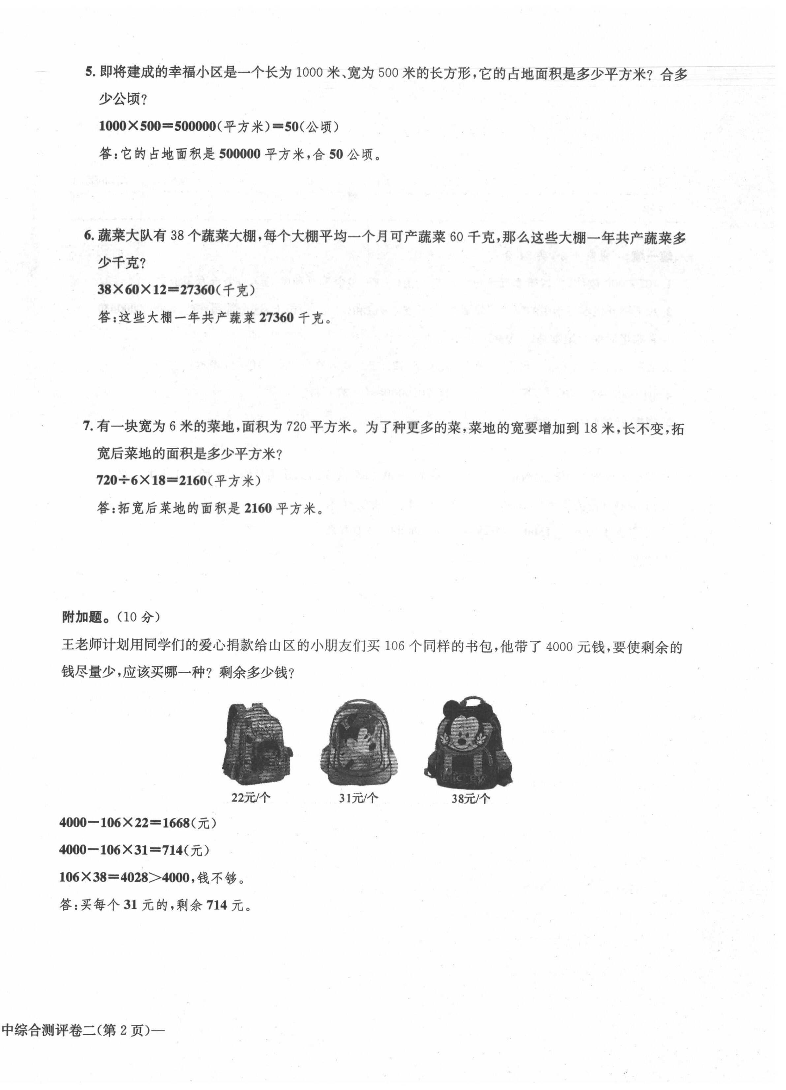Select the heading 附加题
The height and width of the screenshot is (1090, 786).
[82, 617]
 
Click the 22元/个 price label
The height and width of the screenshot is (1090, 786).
[251, 798]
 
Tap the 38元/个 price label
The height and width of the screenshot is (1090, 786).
[470, 799]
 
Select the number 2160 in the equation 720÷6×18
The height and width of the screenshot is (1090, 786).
[193, 480]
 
